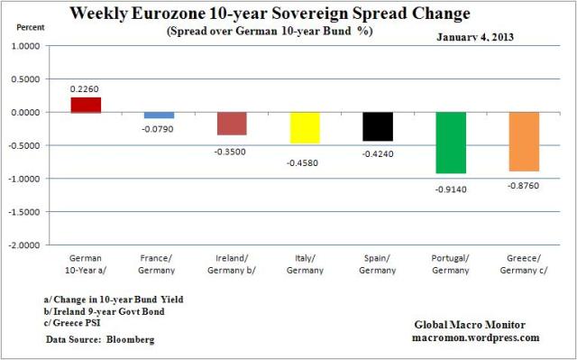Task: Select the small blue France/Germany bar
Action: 159,115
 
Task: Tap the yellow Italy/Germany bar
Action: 304,127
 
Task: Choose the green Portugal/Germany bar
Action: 450,143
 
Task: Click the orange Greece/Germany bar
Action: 523,142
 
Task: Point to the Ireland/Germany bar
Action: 232,124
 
